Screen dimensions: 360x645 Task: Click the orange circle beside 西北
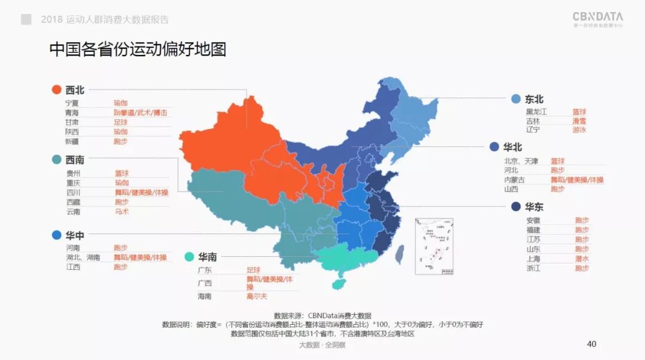pyautogui.click(x=56, y=90)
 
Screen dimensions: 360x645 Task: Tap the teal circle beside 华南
pyautogui.click(x=189, y=257)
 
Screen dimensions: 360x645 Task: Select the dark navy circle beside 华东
pyautogui.click(x=515, y=207)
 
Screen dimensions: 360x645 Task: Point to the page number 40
pyautogui.click(x=592, y=344)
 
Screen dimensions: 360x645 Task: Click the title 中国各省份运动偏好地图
pyautogui.click(x=137, y=49)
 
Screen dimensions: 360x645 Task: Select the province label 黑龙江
pyautogui.click(x=536, y=112)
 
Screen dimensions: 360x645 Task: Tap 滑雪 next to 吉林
pyautogui.click(x=579, y=121)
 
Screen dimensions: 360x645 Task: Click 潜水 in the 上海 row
pyautogui.click(x=582, y=259)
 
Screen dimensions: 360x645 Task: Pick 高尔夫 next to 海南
pyautogui.click(x=258, y=296)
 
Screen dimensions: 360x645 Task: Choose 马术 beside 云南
pyautogui.click(x=121, y=211)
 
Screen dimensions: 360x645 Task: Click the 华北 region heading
pyautogui.click(x=513, y=146)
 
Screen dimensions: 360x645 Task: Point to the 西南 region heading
pyautogui.click(x=75, y=160)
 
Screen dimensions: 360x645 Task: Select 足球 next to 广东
pyautogui.click(x=253, y=270)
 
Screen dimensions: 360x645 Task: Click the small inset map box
pyautogui.click(x=434, y=246)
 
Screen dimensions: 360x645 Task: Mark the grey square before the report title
pyautogui.click(x=26, y=19)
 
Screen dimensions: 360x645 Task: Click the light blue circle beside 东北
pyautogui.click(x=515, y=99)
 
